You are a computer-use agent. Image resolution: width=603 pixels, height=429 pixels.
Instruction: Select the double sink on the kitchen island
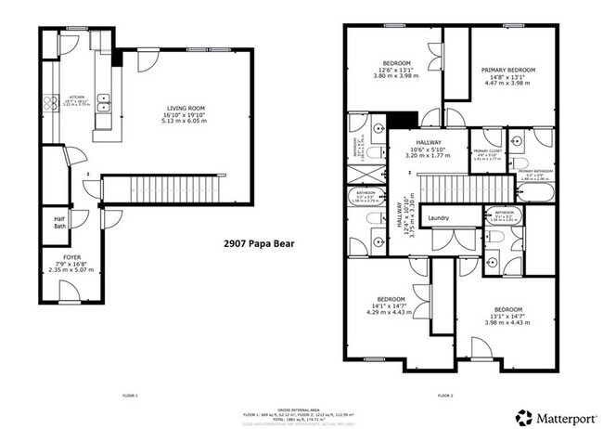[106, 103]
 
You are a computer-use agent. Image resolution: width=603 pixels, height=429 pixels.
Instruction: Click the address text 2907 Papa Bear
[260, 244]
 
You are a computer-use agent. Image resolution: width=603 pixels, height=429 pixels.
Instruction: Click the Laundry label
[438, 219]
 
